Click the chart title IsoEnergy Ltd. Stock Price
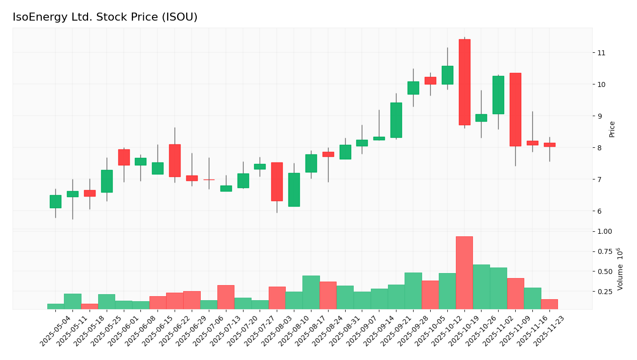pos(105,18)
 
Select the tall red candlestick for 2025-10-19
pos(464,82)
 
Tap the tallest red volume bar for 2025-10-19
pos(464,273)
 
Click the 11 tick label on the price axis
pos(601,53)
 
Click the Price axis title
pos(612,129)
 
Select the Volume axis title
pos(620,268)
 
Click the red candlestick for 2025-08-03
pos(277,182)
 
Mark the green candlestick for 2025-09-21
pos(396,120)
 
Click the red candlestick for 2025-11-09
pos(515,110)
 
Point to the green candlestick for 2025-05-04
pos(55,202)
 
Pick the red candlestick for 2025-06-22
pos(175,160)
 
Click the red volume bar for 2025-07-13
pos(226,297)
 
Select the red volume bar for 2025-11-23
pos(549,304)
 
